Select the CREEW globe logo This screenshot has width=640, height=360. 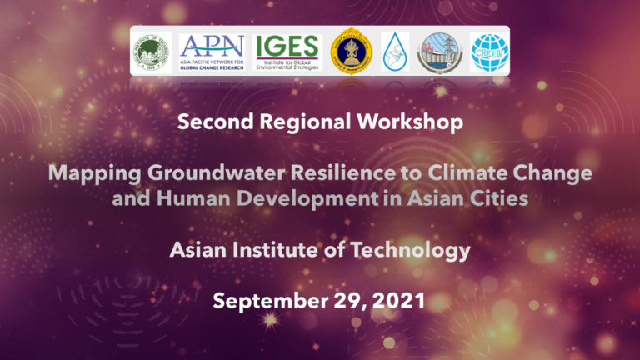click(x=490, y=51)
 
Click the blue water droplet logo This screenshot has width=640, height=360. click(x=395, y=51)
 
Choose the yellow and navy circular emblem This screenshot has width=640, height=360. click(x=350, y=51)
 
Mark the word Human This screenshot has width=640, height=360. click(x=180, y=199)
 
